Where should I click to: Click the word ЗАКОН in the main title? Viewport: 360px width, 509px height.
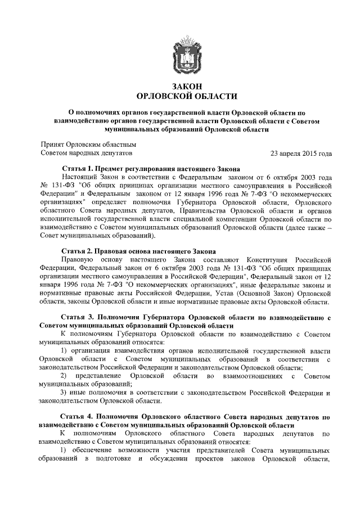(187, 85)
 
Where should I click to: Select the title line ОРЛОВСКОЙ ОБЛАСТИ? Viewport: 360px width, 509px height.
(187, 96)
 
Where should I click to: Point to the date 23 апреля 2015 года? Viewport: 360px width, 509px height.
(301, 152)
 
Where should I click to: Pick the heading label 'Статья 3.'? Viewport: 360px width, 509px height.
(80, 317)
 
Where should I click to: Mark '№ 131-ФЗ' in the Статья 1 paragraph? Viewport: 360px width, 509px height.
(58, 186)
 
